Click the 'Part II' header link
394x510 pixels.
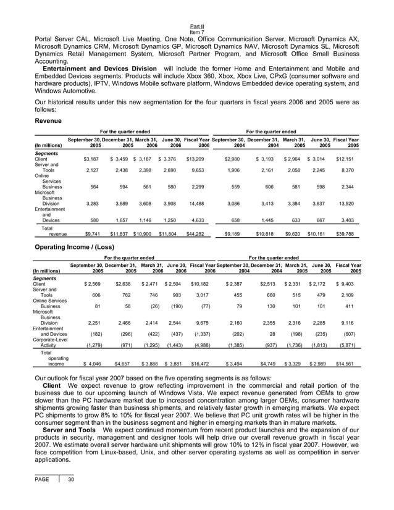coord(196,27)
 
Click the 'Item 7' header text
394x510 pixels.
coord(196,32)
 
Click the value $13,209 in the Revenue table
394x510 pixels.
coord(195,159)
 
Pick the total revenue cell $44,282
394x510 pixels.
coord(195,235)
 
